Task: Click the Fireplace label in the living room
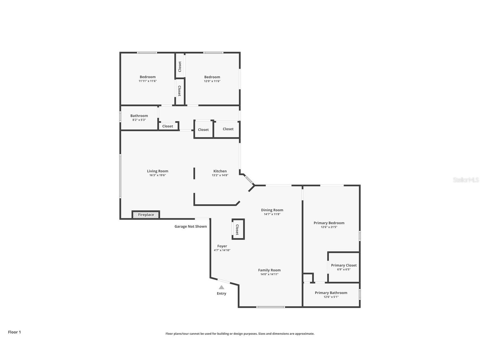click(x=146, y=215)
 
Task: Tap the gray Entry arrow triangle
click(x=221, y=287)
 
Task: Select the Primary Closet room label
click(x=344, y=265)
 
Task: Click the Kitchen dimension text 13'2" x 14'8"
click(x=220, y=175)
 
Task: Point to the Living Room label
click(x=158, y=171)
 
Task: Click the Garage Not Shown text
click(x=190, y=226)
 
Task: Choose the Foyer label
click(x=222, y=246)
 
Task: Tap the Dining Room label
click(x=272, y=210)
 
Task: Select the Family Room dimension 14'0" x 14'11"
click(x=269, y=274)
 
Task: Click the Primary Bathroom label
click(x=331, y=293)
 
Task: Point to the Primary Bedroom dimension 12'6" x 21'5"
click(x=329, y=227)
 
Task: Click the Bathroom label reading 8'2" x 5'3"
click(x=139, y=120)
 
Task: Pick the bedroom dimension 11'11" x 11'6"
click(x=147, y=81)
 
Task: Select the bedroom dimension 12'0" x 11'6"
click(x=212, y=81)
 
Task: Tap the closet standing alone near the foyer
click(x=238, y=229)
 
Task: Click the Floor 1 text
click(x=14, y=332)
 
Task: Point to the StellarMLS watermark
click(x=466, y=180)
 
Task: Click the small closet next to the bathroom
click(x=168, y=126)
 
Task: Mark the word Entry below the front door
click(x=221, y=293)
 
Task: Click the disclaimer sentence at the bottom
click(x=240, y=334)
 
